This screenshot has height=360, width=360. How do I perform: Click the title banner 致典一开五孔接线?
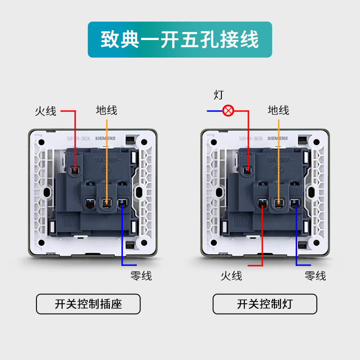[x=180, y=40]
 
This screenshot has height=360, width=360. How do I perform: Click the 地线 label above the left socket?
[x=107, y=110]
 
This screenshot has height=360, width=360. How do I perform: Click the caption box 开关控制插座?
[x=88, y=304]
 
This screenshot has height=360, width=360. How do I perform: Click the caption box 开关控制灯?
[x=265, y=304]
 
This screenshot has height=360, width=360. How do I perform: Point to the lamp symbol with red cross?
[x=229, y=111]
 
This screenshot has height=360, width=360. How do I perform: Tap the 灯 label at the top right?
[x=219, y=95]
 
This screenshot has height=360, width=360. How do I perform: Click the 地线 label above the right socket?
[x=279, y=110]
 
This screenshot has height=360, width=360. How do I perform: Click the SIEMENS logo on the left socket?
[x=105, y=139]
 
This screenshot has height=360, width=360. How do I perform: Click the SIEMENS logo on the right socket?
[x=277, y=139]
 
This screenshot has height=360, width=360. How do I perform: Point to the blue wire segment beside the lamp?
[x=214, y=111]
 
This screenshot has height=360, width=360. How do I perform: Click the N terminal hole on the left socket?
[x=122, y=203]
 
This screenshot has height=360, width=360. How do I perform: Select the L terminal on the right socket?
[x=262, y=203]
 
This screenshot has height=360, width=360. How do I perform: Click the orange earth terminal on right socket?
[x=279, y=203]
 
